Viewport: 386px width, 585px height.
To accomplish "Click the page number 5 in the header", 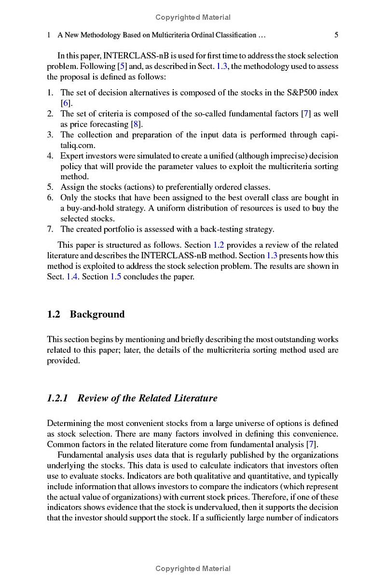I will (x=336, y=35).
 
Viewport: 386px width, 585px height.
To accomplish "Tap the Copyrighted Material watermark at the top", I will (x=193, y=17).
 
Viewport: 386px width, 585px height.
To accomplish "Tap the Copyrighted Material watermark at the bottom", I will (x=193, y=569).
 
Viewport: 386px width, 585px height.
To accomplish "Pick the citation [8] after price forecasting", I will (x=137, y=124).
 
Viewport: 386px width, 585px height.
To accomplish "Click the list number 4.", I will (x=50, y=156).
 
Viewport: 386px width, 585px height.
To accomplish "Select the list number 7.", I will (x=50, y=229).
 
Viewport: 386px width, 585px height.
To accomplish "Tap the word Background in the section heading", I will (x=97, y=314).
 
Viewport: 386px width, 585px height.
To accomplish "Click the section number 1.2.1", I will (x=57, y=398).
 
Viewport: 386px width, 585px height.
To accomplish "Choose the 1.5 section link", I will (x=116, y=277).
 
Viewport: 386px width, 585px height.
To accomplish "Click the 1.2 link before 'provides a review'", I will (x=219, y=245).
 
